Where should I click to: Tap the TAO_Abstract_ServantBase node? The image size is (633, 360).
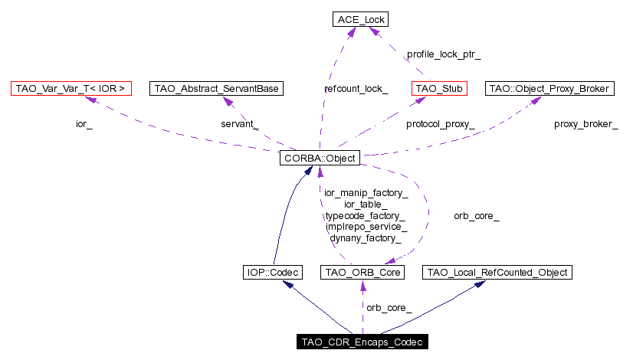click(217, 89)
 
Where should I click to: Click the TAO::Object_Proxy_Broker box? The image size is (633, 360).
click(549, 89)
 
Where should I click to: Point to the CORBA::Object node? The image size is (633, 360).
click(320, 159)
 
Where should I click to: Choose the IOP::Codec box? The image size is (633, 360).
click(272, 272)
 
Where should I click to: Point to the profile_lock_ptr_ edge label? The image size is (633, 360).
click(444, 54)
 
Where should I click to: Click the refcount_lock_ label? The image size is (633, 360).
click(356, 89)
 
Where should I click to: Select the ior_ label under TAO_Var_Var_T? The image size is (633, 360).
click(84, 124)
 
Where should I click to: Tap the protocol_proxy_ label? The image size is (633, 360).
click(440, 124)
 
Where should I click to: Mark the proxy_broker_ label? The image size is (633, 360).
click(585, 124)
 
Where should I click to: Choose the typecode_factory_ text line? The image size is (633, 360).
click(365, 217)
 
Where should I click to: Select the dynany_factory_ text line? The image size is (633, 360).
click(366, 238)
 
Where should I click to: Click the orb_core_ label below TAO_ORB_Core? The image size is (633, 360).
click(389, 308)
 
